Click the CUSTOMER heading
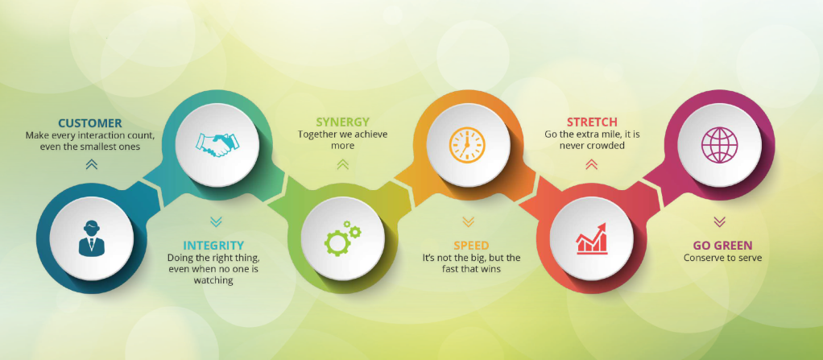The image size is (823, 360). (90, 123)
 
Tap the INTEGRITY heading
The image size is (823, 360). (213, 245)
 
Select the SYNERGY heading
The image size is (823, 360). (343, 122)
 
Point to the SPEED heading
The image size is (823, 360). (471, 245)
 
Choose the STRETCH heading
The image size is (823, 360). (592, 122)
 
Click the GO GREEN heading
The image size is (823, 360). (723, 245)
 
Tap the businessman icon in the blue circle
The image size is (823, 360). (91, 238)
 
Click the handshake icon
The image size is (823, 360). (217, 145)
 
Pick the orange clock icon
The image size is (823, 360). (468, 145)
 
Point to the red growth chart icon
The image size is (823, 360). (592, 238)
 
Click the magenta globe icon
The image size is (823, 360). (720, 145)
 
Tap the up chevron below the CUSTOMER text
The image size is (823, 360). (91, 165)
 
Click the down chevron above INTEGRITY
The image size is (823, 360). (216, 222)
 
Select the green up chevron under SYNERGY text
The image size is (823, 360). (343, 165)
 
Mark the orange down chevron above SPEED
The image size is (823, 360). (468, 222)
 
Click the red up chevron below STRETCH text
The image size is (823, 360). (592, 165)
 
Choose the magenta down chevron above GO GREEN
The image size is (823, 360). (720, 222)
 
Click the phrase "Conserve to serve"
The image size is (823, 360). (723, 259)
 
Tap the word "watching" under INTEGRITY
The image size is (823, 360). (213, 281)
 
